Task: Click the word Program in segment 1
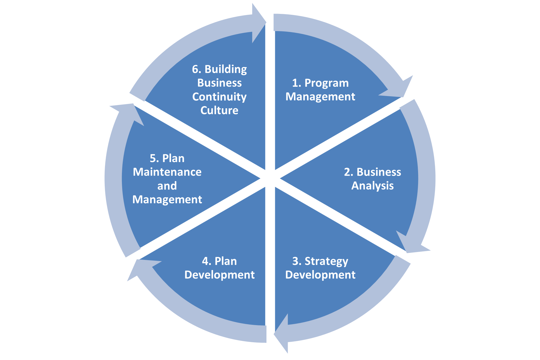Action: coord(326,83)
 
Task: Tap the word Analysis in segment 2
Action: coord(373,186)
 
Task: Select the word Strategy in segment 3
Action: coord(326,261)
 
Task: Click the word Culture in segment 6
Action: coord(219,110)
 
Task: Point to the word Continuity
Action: coord(219,97)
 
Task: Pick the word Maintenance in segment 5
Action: coord(167,172)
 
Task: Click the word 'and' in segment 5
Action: coord(167,186)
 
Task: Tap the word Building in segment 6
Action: coord(226,70)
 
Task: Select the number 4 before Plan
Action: coord(205,261)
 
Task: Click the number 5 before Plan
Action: coord(153,158)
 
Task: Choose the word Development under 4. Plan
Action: coord(220,275)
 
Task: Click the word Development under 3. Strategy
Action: coord(320,275)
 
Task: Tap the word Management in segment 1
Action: coord(320,97)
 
